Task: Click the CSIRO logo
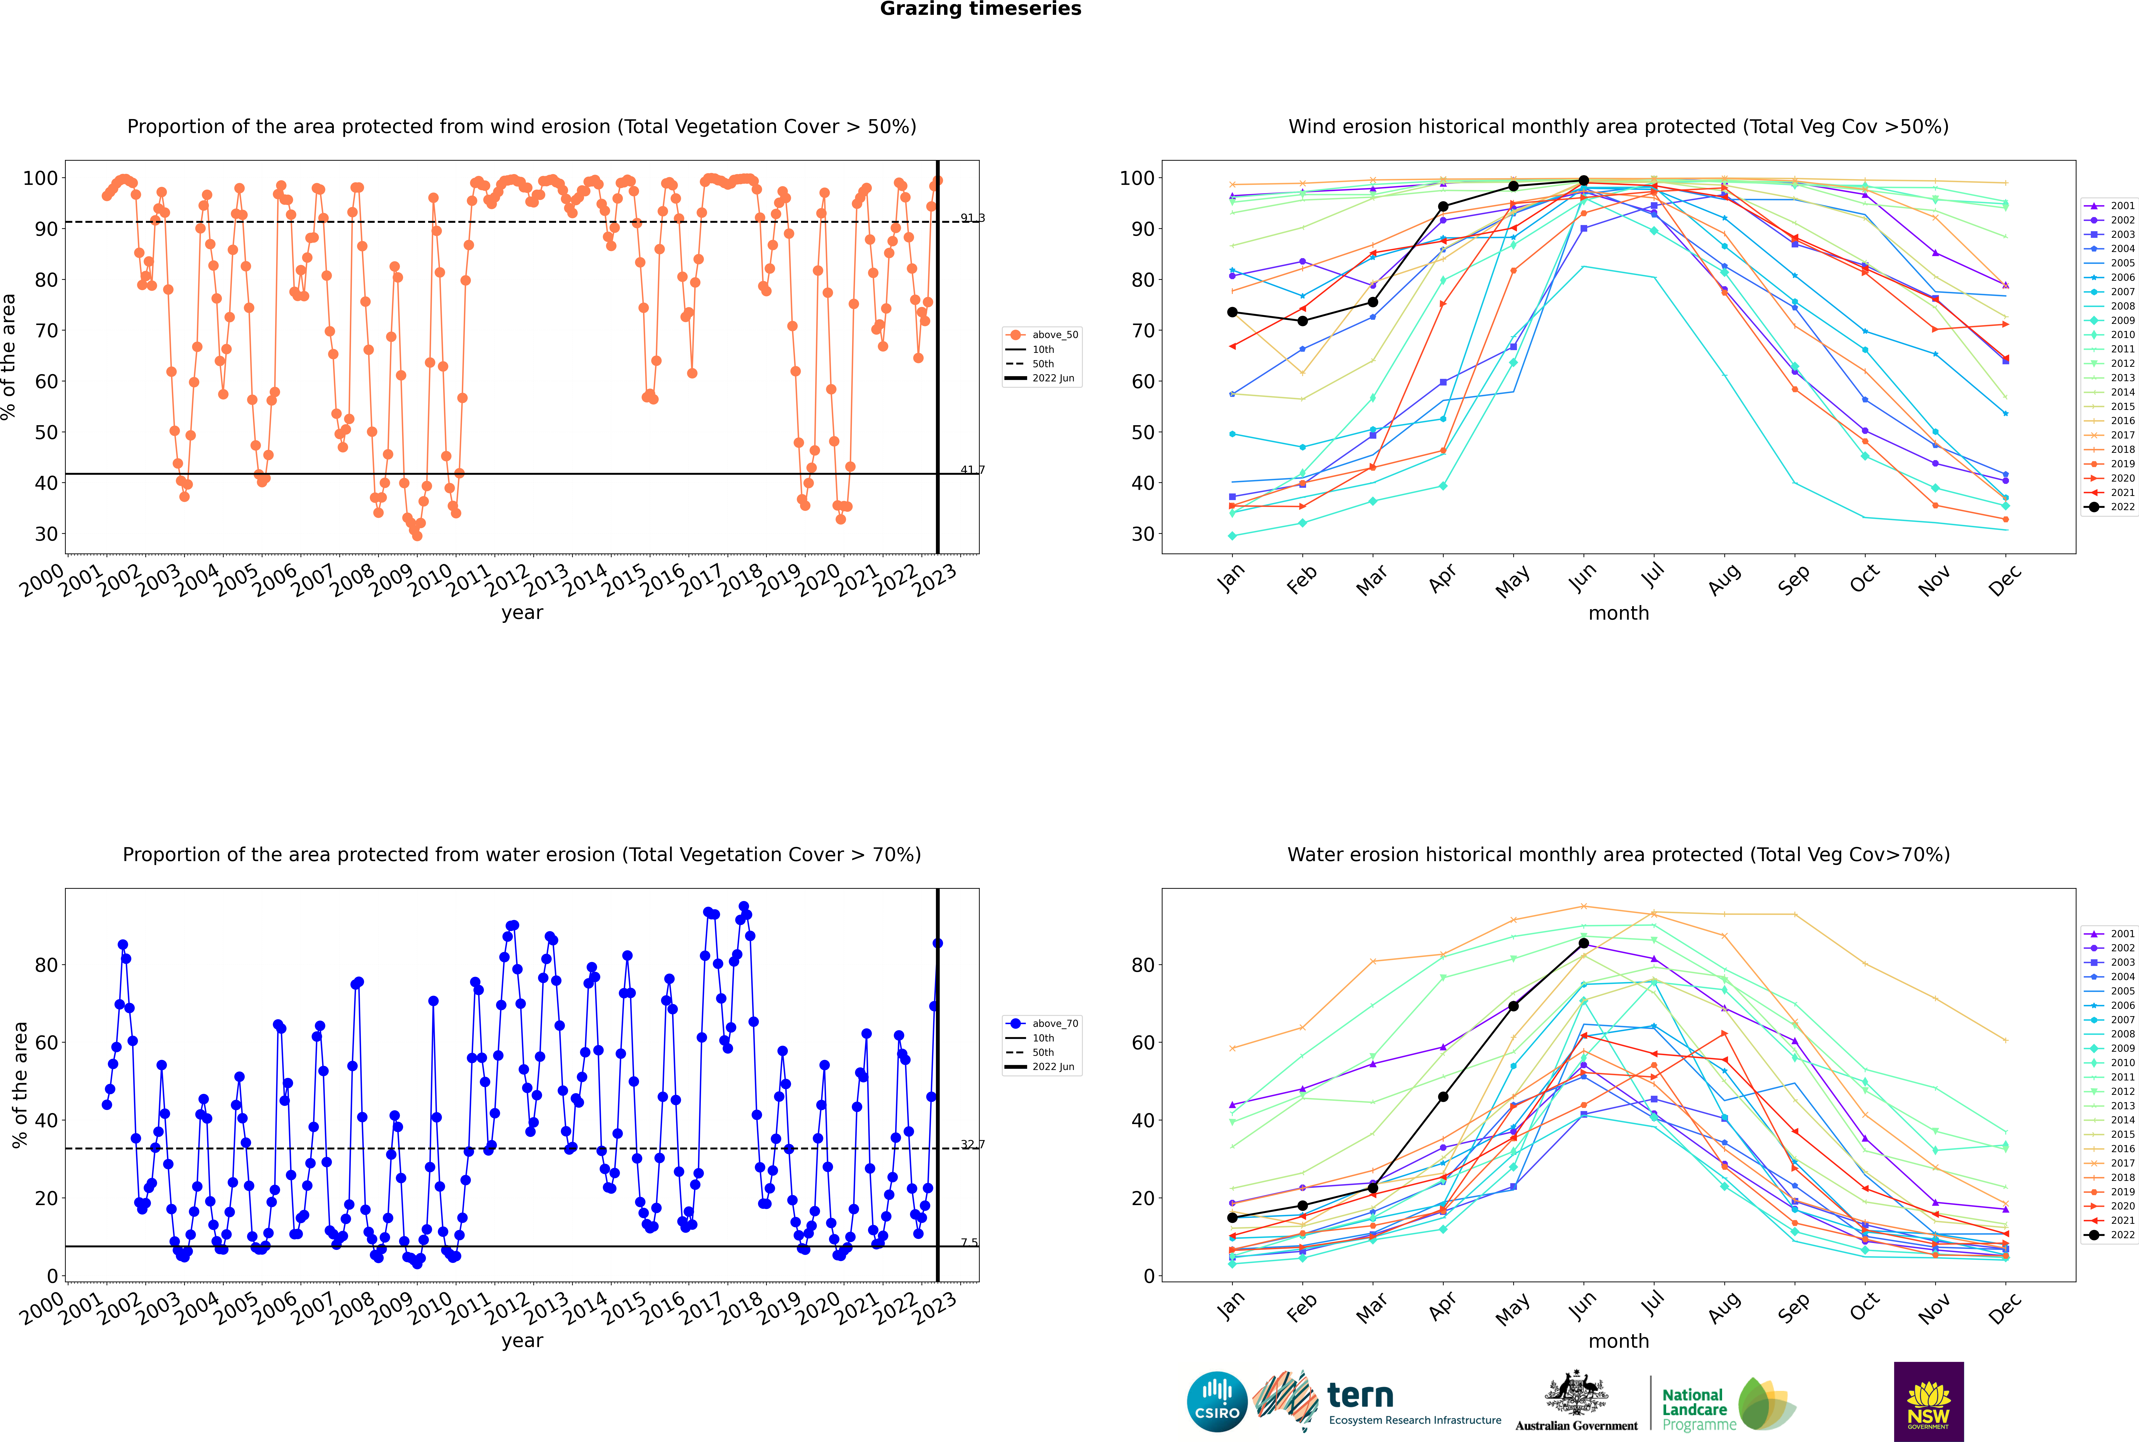click(1217, 1402)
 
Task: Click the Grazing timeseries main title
click(980, 9)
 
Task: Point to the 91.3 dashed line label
click(972, 218)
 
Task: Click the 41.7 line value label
click(972, 470)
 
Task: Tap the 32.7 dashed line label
click(972, 1145)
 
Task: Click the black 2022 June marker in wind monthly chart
click(1584, 181)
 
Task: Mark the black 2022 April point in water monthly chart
click(1443, 1097)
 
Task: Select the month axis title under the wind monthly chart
click(1618, 614)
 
